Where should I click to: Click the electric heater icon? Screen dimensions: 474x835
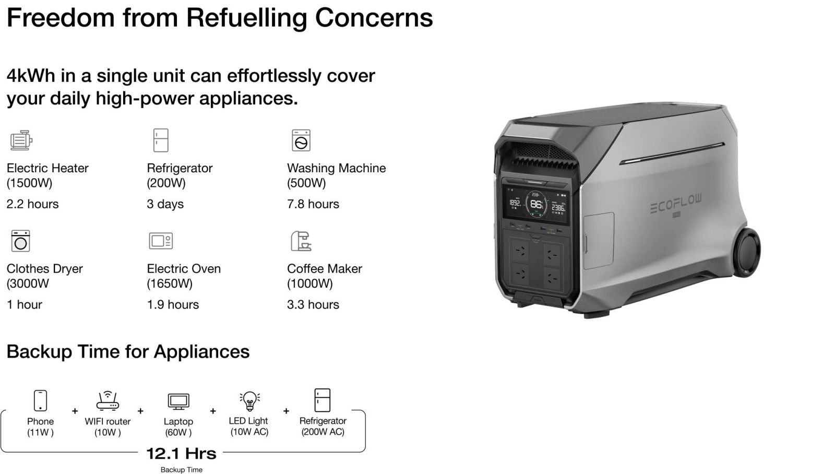(x=21, y=140)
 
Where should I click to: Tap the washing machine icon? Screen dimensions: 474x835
(x=301, y=140)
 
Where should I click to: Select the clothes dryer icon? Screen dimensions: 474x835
(x=21, y=241)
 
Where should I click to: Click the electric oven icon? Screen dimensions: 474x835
(x=161, y=241)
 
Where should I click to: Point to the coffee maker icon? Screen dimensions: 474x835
(x=301, y=241)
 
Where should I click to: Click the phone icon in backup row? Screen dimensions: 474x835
(x=40, y=400)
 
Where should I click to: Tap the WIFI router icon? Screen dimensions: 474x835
(x=108, y=400)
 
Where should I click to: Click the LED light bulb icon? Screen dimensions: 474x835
(x=249, y=400)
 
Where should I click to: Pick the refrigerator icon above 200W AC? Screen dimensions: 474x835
(x=323, y=400)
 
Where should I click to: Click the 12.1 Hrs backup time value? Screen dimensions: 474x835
(x=181, y=453)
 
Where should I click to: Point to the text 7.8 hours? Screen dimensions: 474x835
(x=313, y=204)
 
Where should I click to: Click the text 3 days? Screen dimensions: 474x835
(x=165, y=204)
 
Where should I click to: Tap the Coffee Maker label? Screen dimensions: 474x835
(x=324, y=268)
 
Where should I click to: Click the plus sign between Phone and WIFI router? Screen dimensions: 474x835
(x=75, y=411)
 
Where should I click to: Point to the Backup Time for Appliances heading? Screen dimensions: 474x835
(x=128, y=351)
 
